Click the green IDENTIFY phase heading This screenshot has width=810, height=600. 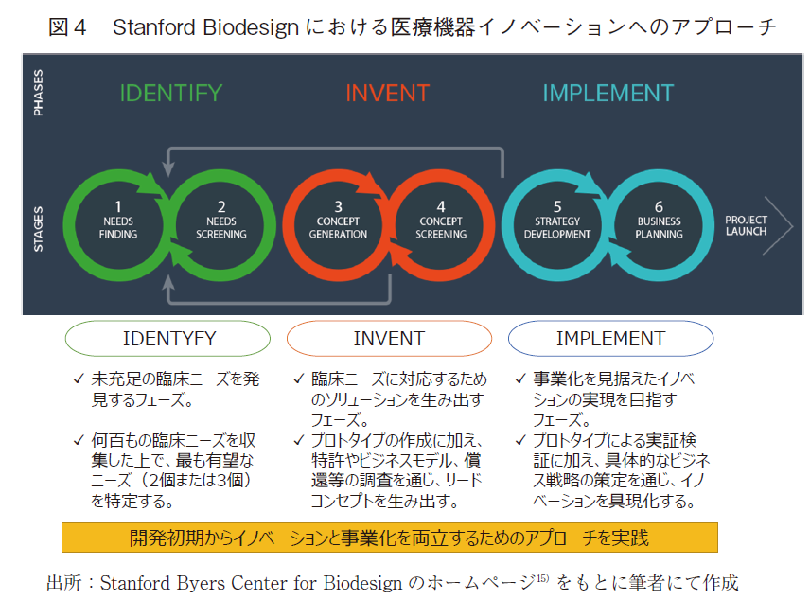(x=170, y=94)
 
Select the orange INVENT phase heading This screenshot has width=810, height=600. (x=387, y=94)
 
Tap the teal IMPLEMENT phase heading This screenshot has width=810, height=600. (x=607, y=94)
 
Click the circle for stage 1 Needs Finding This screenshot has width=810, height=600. (x=117, y=220)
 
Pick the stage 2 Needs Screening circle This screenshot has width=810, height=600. (x=220, y=220)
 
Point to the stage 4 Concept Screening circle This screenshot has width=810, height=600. (x=441, y=220)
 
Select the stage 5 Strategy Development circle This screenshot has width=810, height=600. (x=557, y=220)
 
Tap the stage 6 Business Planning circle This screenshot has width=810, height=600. (x=660, y=220)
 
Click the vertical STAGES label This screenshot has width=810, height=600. (x=39, y=228)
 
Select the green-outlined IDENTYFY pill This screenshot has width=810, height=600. (x=169, y=339)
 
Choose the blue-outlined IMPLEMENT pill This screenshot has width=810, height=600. (x=610, y=339)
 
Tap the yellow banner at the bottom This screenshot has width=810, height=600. (x=389, y=538)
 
